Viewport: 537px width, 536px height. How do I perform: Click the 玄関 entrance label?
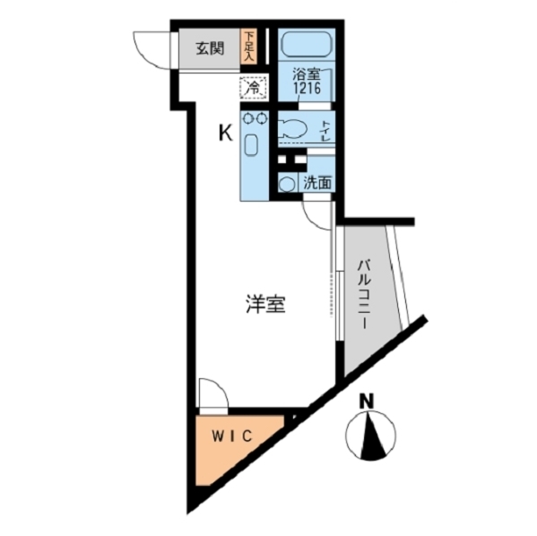(210, 48)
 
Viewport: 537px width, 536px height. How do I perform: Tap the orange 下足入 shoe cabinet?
(248, 47)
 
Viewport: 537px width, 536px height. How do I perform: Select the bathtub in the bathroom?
(307, 44)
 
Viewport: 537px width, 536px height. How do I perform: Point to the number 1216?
(307, 88)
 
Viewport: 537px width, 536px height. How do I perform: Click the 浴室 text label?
(307, 74)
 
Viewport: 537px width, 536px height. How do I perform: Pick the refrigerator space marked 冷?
(254, 88)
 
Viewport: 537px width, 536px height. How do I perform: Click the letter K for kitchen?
(226, 133)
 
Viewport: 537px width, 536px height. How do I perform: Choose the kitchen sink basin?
(251, 145)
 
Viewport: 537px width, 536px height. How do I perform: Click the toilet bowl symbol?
(293, 129)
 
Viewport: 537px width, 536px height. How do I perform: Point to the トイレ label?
(325, 131)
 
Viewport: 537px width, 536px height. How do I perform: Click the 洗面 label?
(317, 184)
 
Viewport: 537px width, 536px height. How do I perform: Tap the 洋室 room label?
(265, 304)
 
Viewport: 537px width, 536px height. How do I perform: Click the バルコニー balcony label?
(364, 294)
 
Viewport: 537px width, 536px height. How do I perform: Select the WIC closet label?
(232, 436)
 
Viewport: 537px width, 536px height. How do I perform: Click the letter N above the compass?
(367, 401)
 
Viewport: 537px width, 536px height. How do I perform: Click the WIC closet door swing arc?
(221, 386)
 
